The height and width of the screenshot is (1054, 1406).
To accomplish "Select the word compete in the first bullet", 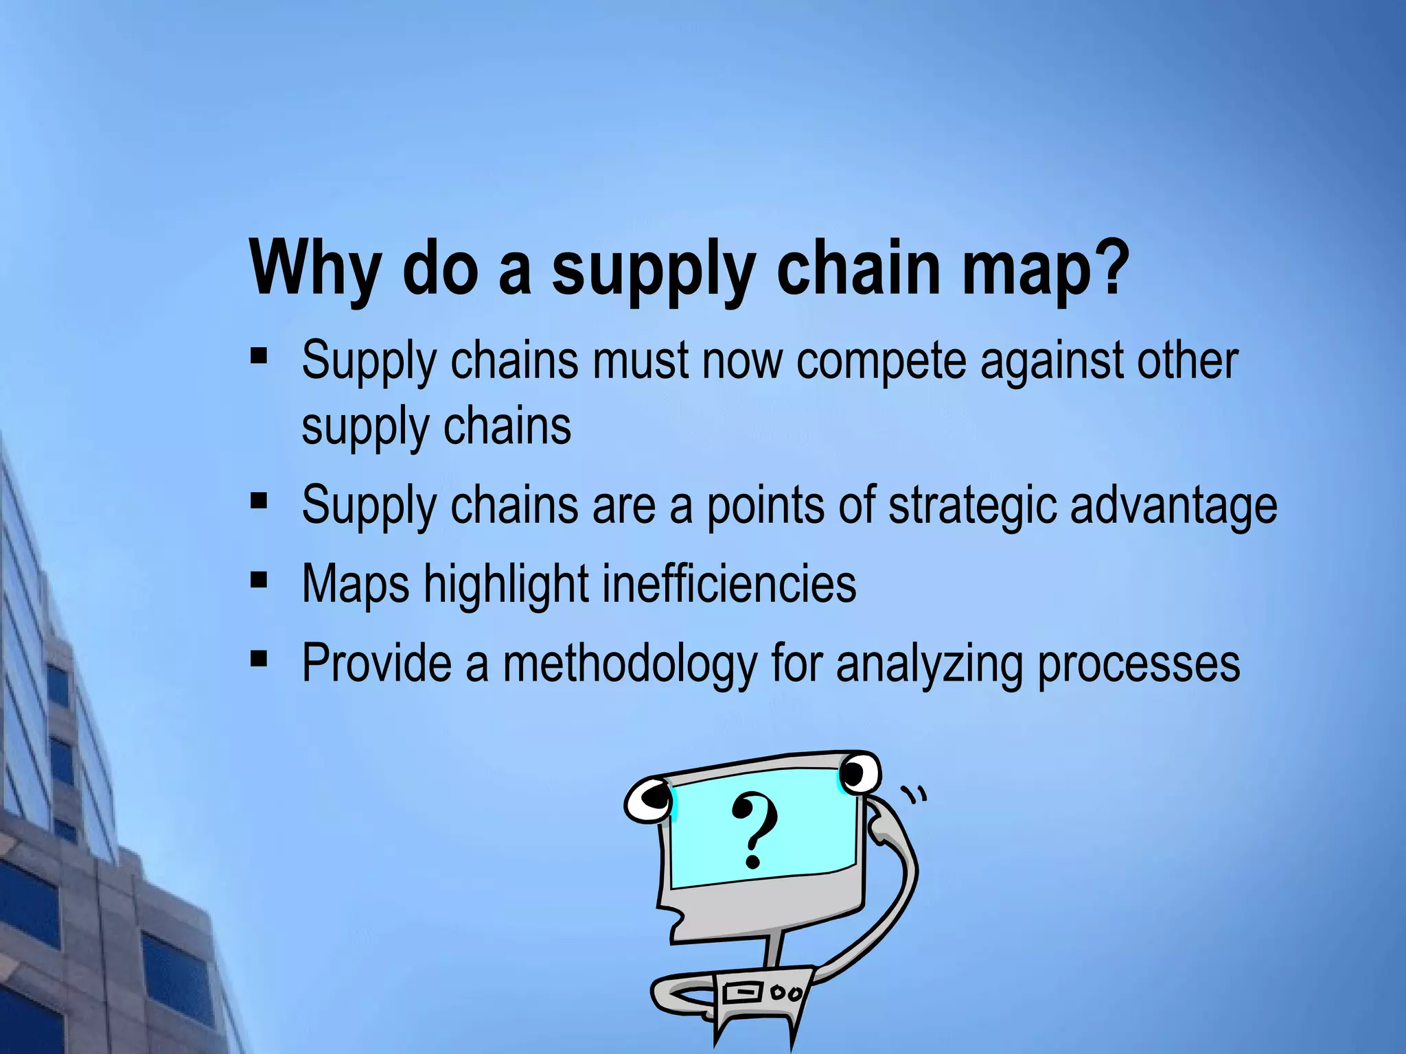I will coord(881,362).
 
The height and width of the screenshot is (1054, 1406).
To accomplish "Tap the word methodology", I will coord(630,664).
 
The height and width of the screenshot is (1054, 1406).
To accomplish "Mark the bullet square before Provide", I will coord(259,659).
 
